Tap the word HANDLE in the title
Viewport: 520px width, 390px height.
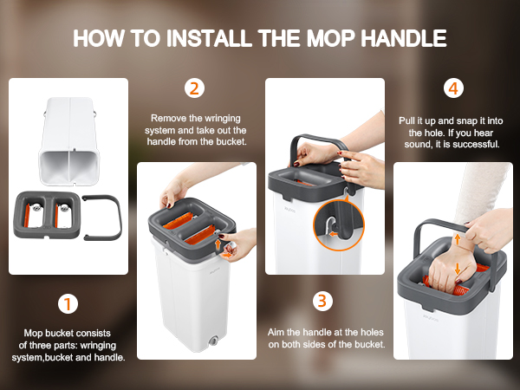click(404, 38)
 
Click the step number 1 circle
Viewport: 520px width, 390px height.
click(68, 304)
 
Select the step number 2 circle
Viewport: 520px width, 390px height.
click(194, 88)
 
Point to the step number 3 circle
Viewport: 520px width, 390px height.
click(322, 301)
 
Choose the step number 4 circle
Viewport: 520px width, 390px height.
click(453, 88)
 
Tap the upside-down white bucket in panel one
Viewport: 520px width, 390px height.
click(69, 141)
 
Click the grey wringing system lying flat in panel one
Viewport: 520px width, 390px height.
click(47, 215)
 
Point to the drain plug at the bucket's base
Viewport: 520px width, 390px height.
click(213, 341)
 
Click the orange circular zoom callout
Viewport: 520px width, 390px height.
click(339, 225)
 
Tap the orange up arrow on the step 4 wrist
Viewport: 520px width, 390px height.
click(458, 239)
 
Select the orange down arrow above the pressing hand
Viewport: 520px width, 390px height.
click(458, 269)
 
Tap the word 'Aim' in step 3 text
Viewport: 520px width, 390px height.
click(276, 332)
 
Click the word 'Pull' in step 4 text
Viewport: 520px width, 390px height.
click(407, 120)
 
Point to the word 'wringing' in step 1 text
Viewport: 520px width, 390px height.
click(98, 346)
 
